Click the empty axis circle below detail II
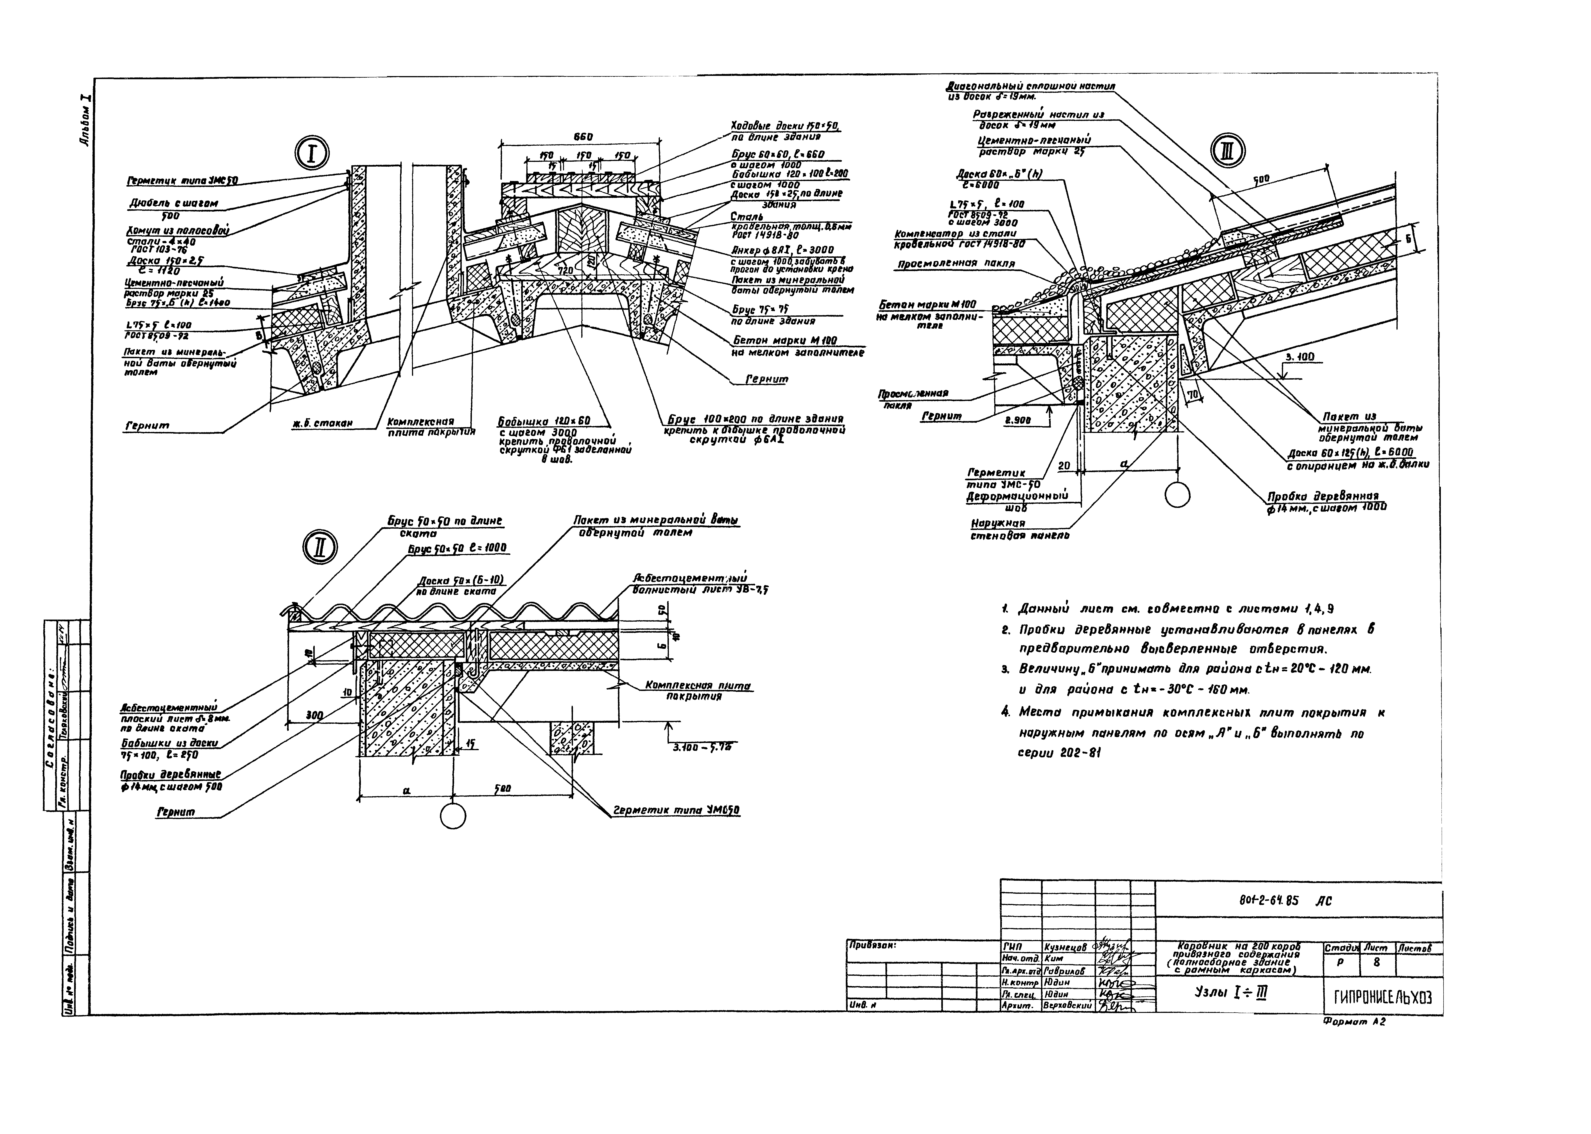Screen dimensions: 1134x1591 click(x=453, y=816)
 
